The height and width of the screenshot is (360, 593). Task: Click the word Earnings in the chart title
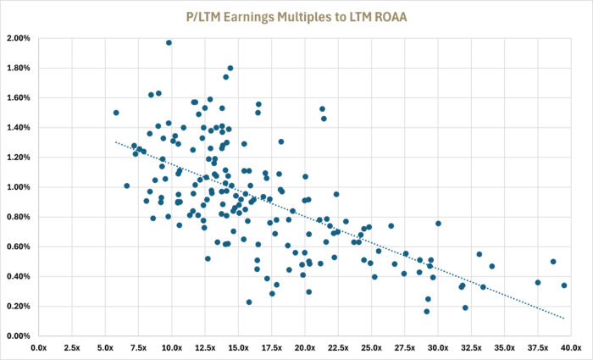(251, 18)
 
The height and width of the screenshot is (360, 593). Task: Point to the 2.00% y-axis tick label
(19, 39)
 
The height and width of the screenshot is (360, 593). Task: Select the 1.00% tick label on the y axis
(19, 187)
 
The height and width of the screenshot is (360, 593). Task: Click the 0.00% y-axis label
(19, 335)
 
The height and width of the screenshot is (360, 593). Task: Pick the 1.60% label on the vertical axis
(19, 98)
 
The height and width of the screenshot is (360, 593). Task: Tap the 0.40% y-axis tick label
(19, 276)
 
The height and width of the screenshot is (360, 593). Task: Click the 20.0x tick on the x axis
(305, 347)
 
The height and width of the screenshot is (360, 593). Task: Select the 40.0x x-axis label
(571, 347)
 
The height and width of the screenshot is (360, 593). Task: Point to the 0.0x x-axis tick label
(39, 347)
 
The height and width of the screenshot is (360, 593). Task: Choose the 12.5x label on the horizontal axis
(205, 347)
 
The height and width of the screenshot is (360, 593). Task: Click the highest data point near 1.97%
(169, 42)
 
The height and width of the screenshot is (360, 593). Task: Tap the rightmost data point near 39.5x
(564, 285)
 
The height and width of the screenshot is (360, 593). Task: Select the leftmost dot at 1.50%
(116, 113)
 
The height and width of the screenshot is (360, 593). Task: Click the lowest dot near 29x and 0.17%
(427, 312)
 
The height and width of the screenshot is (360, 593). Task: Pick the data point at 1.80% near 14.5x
(230, 68)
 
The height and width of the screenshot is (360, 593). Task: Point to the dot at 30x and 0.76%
(438, 224)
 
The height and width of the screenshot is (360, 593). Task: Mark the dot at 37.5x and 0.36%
(538, 282)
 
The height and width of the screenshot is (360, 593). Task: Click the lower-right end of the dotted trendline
(564, 318)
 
